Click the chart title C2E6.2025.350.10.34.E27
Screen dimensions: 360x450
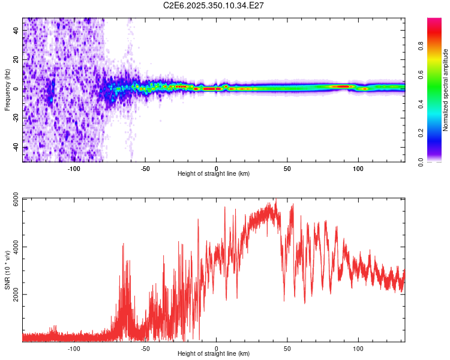click(214, 5)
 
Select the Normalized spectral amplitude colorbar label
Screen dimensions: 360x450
click(446, 91)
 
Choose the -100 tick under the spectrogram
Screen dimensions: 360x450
click(74, 168)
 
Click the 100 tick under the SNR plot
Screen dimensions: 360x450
click(359, 348)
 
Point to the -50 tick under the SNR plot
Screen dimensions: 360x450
click(145, 348)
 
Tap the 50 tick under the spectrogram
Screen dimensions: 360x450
click(287, 168)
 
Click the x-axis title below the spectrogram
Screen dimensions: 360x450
click(214, 174)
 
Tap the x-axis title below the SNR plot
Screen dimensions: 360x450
click(214, 354)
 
